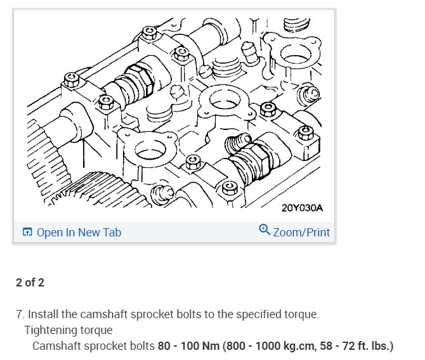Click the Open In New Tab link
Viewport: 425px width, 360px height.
[79, 232]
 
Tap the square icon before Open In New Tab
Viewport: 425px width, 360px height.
[27, 232]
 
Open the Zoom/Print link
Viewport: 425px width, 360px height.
[301, 232]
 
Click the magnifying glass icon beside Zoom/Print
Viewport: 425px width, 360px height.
[265, 230]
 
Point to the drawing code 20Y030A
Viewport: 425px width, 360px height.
[302, 208]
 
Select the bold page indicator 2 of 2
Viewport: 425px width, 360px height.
[30, 282]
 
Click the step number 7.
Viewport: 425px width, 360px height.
[20, 314]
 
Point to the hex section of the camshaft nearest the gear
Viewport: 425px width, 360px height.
[136, 82]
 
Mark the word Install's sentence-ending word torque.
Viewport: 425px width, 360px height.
[301, 314]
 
